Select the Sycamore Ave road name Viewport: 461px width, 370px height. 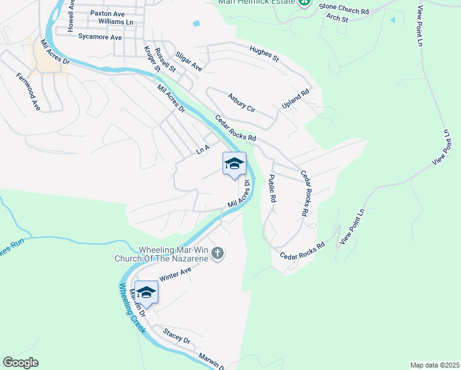[100, 37]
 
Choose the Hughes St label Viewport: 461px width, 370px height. [264, 54]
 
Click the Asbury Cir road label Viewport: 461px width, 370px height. [241, 102]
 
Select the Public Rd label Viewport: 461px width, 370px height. [272, 189]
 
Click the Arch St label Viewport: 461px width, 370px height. [338, 18]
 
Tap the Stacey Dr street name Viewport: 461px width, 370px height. [177, 336]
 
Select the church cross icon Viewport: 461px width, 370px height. [218, 253]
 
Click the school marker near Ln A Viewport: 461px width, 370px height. [234, 164]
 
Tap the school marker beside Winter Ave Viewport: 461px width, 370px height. [146, 292]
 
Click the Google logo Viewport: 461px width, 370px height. [20, 363]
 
